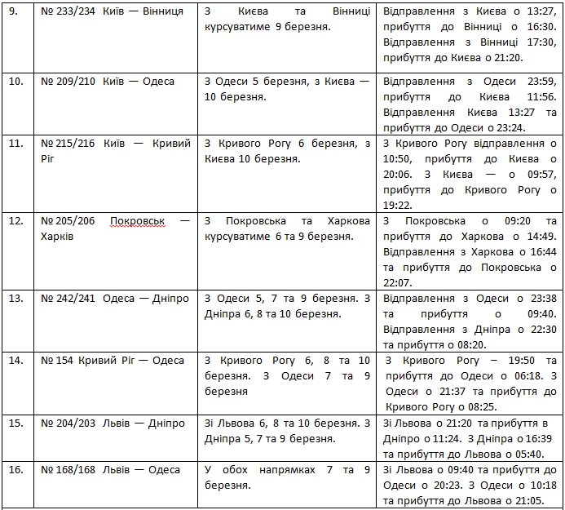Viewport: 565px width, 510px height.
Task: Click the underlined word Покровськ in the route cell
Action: pos(138,221)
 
